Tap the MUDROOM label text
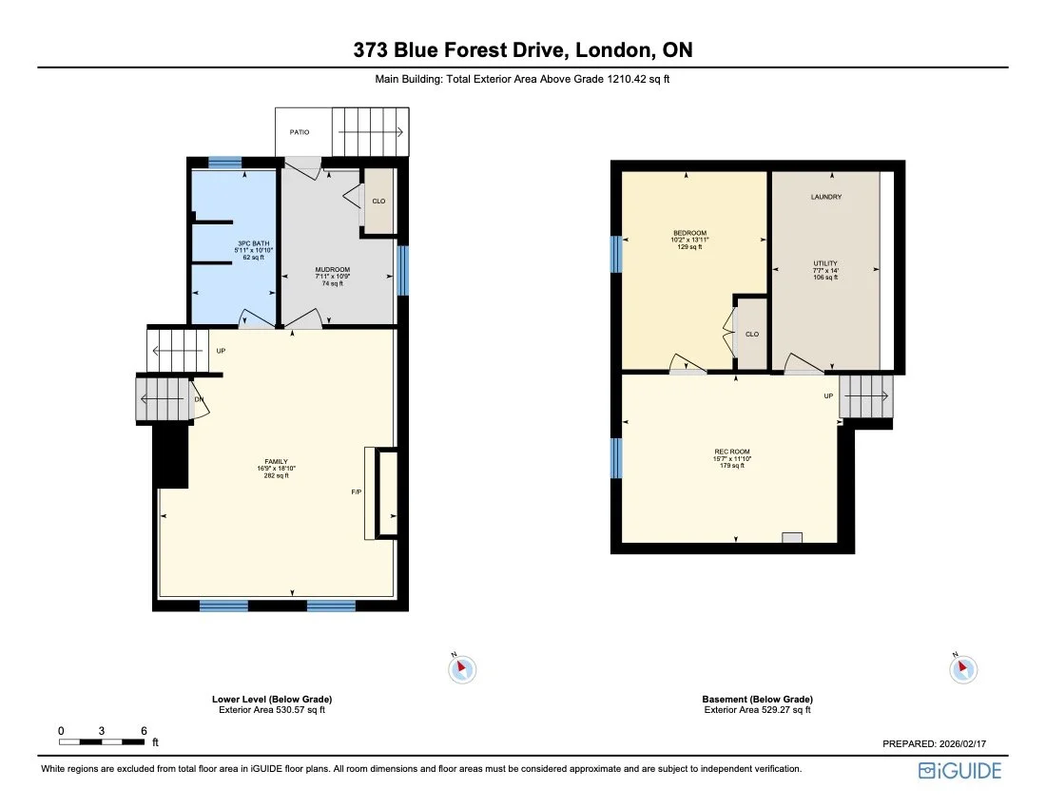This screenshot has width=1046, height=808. point(333,270)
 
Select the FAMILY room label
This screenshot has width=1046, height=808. point(276,462)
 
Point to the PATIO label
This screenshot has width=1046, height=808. point(300,132)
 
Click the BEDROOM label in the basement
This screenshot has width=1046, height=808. point(689,233)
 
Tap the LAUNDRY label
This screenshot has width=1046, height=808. point(825,197)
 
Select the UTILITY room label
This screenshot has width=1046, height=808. point(825,263)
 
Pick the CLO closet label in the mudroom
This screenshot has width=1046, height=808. point(378,202)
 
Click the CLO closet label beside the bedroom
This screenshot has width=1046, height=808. point(752,335)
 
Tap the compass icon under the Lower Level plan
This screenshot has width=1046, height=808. point(461,668)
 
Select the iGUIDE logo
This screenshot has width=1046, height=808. point(959,771)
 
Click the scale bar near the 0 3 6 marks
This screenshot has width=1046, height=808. point(102,741)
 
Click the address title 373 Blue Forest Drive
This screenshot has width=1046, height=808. point(522,50)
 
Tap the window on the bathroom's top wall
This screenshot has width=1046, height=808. point(225,163)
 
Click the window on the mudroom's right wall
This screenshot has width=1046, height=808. point(402,271)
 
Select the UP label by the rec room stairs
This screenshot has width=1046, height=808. point(828,395)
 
